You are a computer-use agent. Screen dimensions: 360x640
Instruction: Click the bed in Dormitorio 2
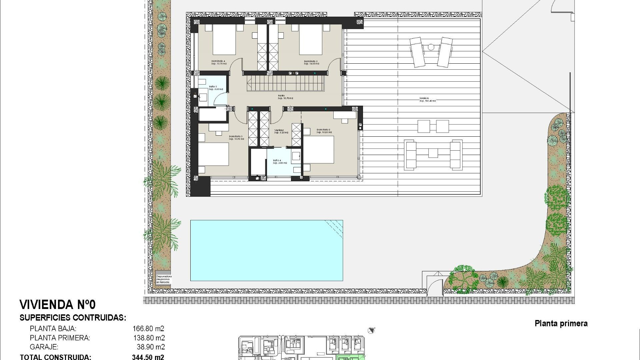point(319,150)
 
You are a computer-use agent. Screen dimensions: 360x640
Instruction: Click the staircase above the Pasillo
point(285,83)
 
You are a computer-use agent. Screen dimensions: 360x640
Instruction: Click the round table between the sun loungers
point(431,47)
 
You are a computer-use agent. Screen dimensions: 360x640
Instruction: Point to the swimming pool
point(266,250)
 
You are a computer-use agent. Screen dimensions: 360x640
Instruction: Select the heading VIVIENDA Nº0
point(58,304)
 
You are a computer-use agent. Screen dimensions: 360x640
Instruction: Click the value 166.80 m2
point(148,329)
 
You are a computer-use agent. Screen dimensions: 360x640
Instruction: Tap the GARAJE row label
point(44,347)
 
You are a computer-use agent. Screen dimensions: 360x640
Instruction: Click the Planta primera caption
point(561,323)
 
